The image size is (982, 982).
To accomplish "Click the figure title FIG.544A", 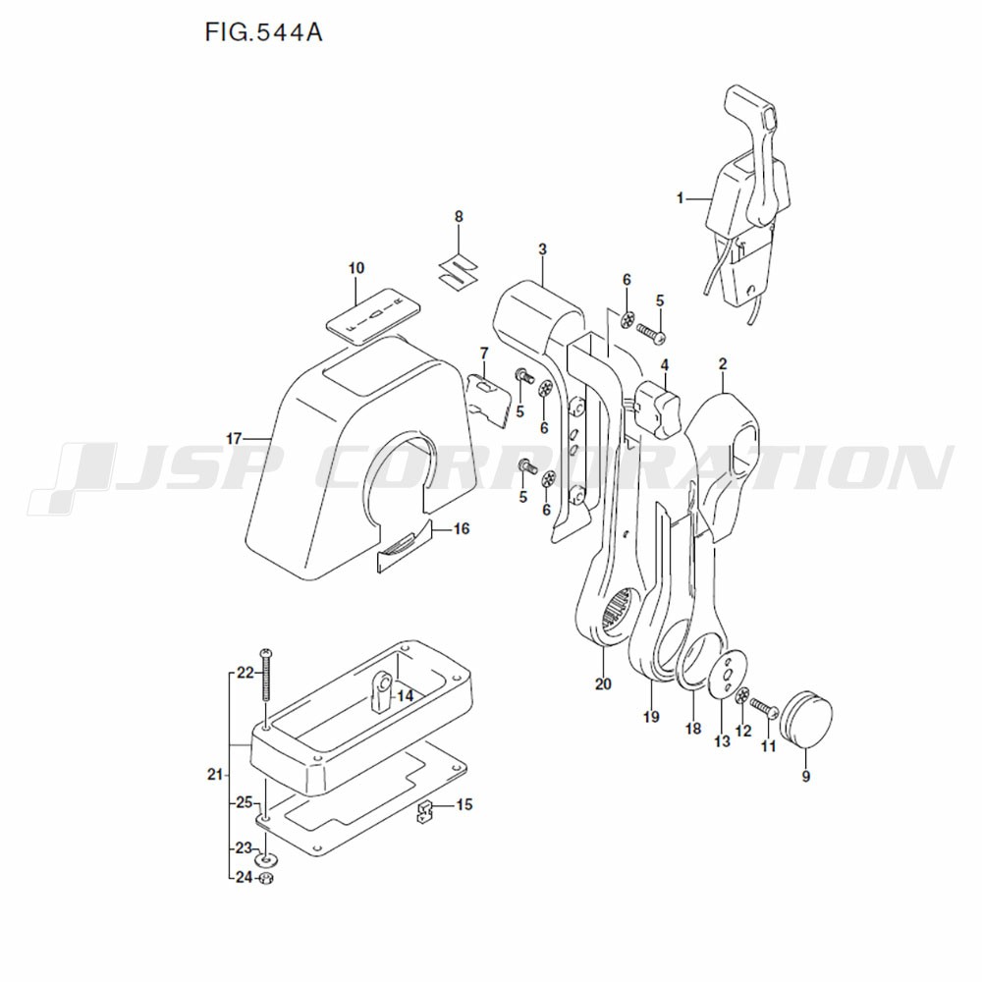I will tap(264, 33).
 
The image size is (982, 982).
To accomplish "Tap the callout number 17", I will tap(233, 437).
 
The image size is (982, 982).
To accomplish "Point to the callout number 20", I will tap(602, 683).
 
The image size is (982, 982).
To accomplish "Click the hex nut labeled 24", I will tap(266, 877).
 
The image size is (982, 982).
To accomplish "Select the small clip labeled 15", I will tap(426, 811).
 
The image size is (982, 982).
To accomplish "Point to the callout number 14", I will tap(404, 694).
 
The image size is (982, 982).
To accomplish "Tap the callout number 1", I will tap(680, 198).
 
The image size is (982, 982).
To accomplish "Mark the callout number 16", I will tap(461, 529).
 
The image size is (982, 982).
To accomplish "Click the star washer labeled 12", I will tap(742, 696).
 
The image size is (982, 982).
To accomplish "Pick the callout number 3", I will tap(542, 249).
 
